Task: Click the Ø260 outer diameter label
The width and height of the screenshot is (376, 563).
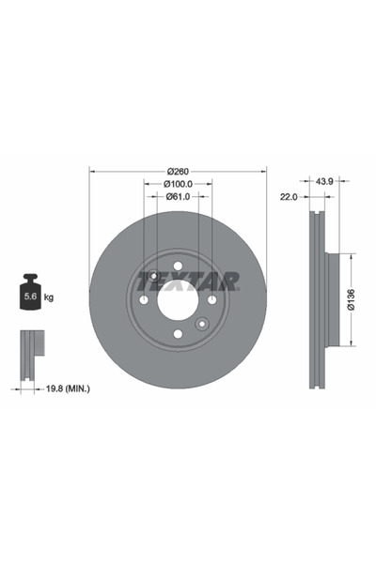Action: [178, 171]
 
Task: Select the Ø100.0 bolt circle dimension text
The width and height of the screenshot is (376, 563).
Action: [178, 184]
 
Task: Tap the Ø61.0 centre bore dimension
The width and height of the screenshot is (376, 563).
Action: [178, 197]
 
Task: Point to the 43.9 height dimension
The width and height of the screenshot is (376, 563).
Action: [325, 181]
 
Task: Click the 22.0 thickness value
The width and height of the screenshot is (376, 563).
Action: [289, 198]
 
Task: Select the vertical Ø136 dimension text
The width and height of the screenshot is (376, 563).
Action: [351, 298]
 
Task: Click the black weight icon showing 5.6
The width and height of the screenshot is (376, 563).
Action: [30, 296]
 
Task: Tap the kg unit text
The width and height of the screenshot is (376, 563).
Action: [49, 297]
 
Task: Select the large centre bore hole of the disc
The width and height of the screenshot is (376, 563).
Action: [178, 299]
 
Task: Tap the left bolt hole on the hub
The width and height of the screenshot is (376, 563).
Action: [143, 299]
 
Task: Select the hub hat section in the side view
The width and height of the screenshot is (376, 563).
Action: [323, 298]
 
